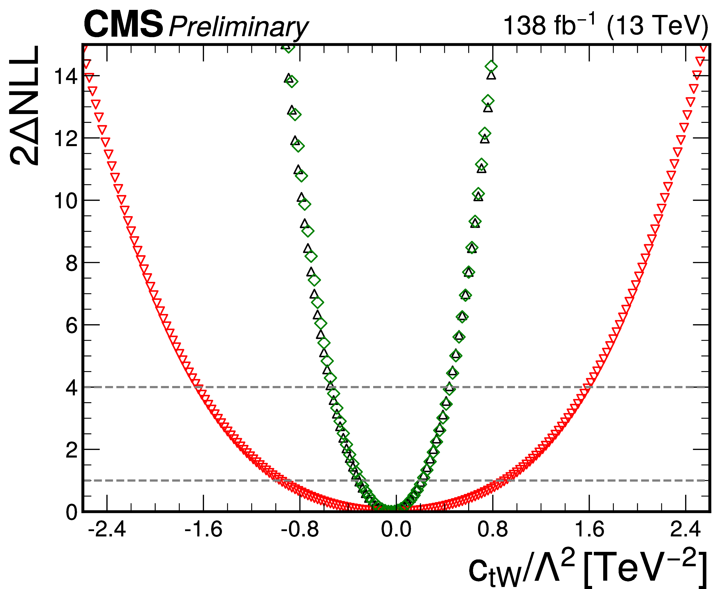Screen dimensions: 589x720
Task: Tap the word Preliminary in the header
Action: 238,27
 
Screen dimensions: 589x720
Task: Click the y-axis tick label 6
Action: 72,325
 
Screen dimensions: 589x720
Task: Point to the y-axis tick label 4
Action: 72,388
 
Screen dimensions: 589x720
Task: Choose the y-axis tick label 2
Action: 72,450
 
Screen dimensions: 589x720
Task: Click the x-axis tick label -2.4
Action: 107,529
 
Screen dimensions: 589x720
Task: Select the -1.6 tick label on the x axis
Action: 203,529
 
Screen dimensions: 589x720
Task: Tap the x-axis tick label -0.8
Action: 300,529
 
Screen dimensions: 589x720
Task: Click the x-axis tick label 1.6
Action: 589,529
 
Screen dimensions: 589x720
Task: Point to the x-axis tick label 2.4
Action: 685,529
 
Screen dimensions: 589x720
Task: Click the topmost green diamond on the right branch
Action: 491,66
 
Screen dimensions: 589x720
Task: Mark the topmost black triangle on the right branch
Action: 491,75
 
